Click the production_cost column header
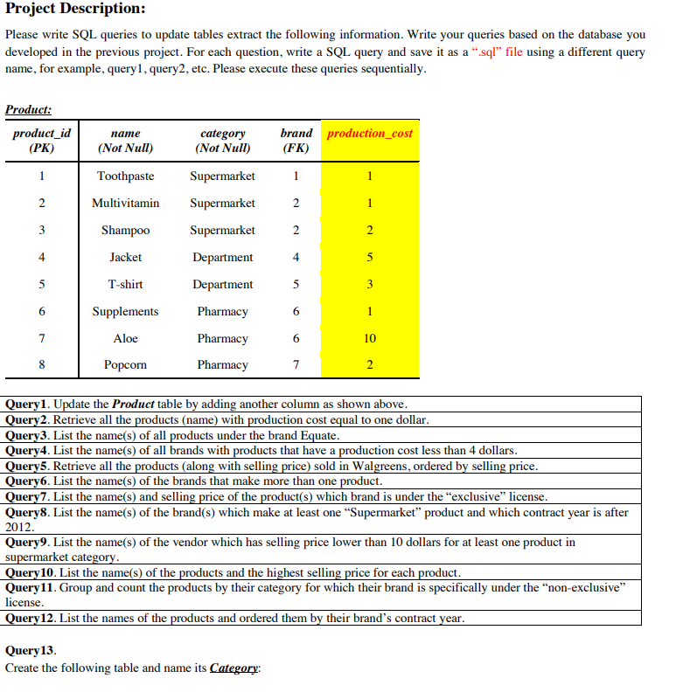370,134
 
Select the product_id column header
41,141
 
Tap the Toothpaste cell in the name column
125,176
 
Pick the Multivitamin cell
125,204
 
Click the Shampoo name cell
125,231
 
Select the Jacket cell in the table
125,258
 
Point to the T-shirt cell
125,285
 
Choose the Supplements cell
125,312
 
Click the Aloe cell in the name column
125,339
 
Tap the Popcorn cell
125,365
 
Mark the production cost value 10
370,339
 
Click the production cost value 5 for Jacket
370,258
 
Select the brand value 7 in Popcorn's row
296,365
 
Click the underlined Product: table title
28,110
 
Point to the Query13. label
31,651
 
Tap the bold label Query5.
27,466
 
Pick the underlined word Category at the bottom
234,668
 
